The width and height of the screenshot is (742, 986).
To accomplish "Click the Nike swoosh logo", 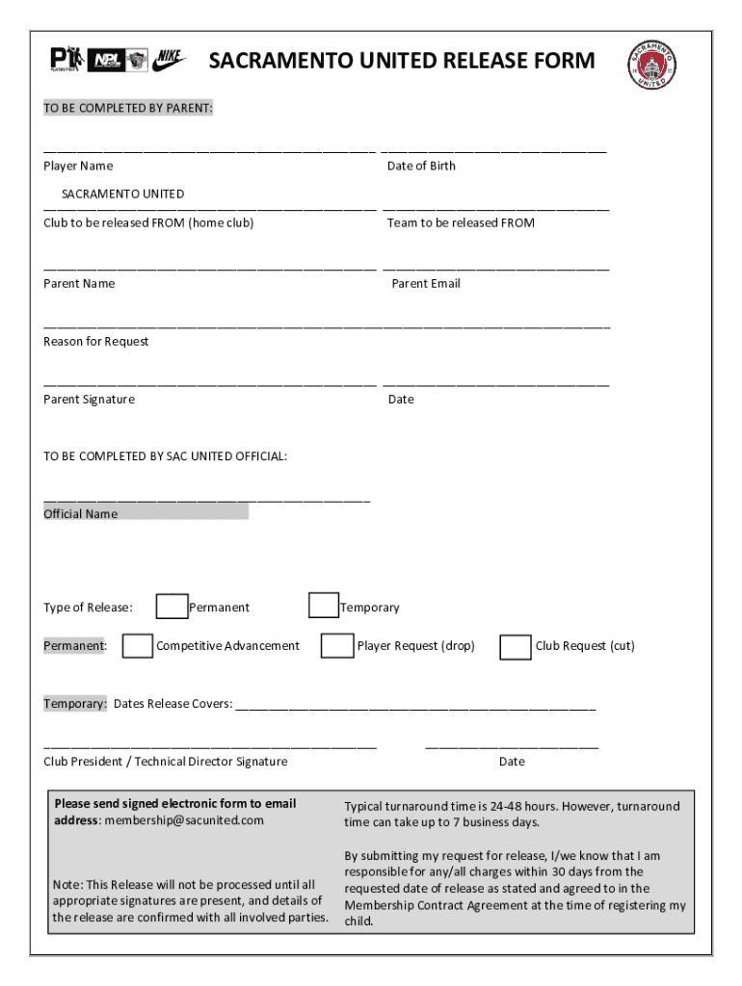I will (x=171, y=59).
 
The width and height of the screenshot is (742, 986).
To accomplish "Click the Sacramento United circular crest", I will (x=652, y=65).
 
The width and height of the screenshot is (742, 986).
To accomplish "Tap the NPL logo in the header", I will (x=106, y=61).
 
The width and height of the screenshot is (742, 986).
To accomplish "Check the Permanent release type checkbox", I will (x=172, y=606).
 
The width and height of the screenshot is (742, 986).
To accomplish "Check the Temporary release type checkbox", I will (x=324, y=605).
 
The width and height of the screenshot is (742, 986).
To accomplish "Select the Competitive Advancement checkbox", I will (x=138, y=645).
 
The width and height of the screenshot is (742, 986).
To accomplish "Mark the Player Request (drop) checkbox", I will (x=337, y=645).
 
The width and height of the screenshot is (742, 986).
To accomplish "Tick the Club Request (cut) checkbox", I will (x=516, y=646).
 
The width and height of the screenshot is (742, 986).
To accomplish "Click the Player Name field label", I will (x=78, y=166).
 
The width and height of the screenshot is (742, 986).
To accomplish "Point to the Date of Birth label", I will (x=421, y=166).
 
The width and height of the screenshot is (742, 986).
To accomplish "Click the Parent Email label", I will (x=426, y=283).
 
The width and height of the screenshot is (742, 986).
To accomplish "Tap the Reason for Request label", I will (x=96, y=341).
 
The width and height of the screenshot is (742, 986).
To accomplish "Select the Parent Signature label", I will (x=89, y=399).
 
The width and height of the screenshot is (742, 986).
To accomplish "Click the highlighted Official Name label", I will (x=81, y=513).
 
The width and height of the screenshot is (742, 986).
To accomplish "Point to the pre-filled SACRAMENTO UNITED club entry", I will (x=122, y=194).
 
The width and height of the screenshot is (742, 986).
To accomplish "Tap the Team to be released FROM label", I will (x=461, y=222).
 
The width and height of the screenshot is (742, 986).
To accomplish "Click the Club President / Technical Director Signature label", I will (x=165, y=761).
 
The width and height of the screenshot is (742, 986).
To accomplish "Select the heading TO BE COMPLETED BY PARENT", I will (x=128, y=108).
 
